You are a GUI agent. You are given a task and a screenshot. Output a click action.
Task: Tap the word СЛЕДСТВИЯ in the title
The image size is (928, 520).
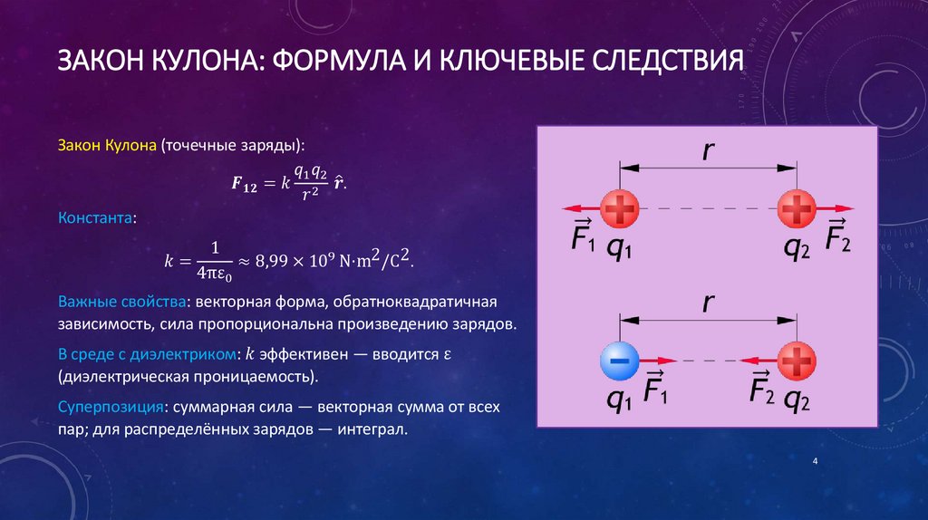click(667, 63)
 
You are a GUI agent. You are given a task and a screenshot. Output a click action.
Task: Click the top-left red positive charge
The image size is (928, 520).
click(620, 212)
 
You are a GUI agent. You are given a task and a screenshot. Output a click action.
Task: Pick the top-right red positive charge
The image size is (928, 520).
click(797, 212)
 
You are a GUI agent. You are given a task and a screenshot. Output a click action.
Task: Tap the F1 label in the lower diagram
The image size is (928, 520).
click(656, 390)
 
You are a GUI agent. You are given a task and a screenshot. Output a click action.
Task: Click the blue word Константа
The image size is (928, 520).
click(98, 217)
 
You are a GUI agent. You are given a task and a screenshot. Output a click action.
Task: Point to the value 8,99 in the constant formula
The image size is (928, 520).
click(276, 261)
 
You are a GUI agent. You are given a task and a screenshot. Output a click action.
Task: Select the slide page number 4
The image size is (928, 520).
click(816, 463)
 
